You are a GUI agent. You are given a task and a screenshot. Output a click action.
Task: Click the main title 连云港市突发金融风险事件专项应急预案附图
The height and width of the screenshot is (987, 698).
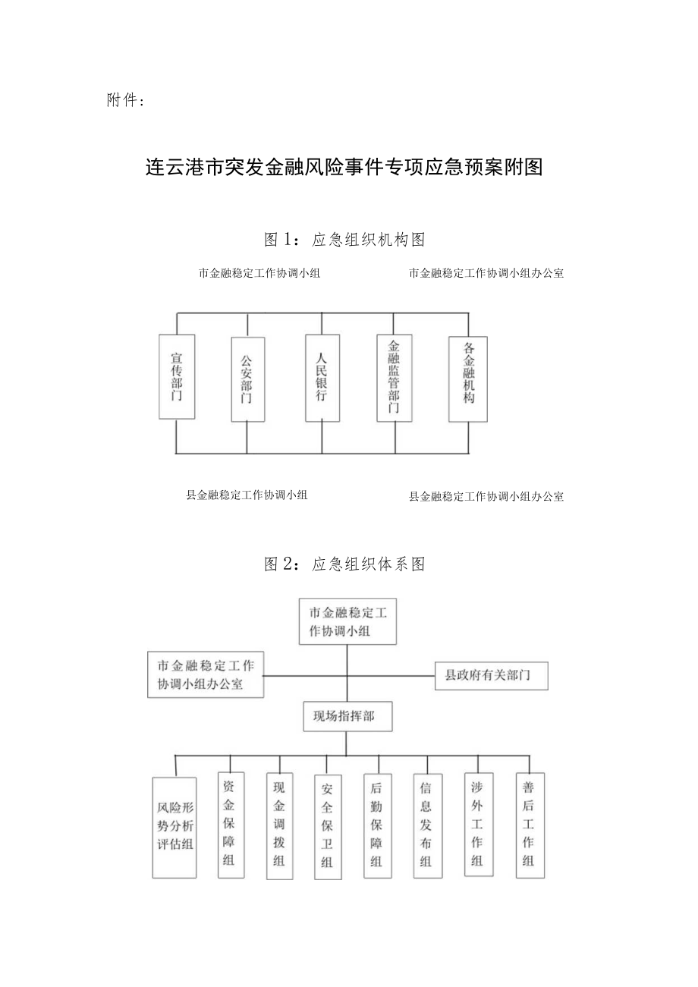pyautogui.click(x=344, y=167)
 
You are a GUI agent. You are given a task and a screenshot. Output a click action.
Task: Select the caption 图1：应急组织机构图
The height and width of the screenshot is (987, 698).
pyautogui.click(x=344, y=240)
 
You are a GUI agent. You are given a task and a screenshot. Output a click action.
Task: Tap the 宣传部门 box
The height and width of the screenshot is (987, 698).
pyautogui.click(x=177, y=376)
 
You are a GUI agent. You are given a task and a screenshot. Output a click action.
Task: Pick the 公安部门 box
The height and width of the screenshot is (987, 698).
pyautogui.click(x=248, y=379)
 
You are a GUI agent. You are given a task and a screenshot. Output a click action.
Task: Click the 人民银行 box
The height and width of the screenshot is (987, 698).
pyautogui.click(x=322, y=378)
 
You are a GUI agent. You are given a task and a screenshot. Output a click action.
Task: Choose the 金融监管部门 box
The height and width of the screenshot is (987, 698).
pyautogui.click(x=395, y=378)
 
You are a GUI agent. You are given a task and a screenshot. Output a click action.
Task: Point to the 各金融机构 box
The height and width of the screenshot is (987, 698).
pyautogui.click(x=468, y=379)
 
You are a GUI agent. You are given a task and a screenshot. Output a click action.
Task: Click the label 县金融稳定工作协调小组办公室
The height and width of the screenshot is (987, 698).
pyautogui.click(x=486, y=497)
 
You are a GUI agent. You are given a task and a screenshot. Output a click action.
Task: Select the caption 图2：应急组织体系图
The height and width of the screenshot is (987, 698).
pyautogui.click(x=344, y=564)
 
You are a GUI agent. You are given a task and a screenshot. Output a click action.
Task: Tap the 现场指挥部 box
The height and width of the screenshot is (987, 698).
pyautogui.click(x=347, y=715)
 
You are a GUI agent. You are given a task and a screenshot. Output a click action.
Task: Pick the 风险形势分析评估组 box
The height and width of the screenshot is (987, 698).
pyautogui.click(x=174, y=828)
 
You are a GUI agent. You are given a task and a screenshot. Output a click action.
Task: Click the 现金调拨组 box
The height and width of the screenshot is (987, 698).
pyautogui.click(x=279, y=826)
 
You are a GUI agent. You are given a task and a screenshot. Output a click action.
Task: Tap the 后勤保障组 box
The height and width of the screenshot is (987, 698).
pyautogui.click(x=377, y=825)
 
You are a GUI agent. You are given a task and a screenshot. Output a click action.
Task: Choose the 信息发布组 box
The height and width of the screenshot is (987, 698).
pyautogui.click(x=427, y=826)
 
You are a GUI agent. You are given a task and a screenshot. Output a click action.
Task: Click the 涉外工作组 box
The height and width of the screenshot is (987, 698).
pyautogui.click(x=477, y=825)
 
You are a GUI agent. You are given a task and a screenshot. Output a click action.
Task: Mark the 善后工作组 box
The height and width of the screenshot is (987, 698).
pyautogui.click(x=530, y=825)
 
